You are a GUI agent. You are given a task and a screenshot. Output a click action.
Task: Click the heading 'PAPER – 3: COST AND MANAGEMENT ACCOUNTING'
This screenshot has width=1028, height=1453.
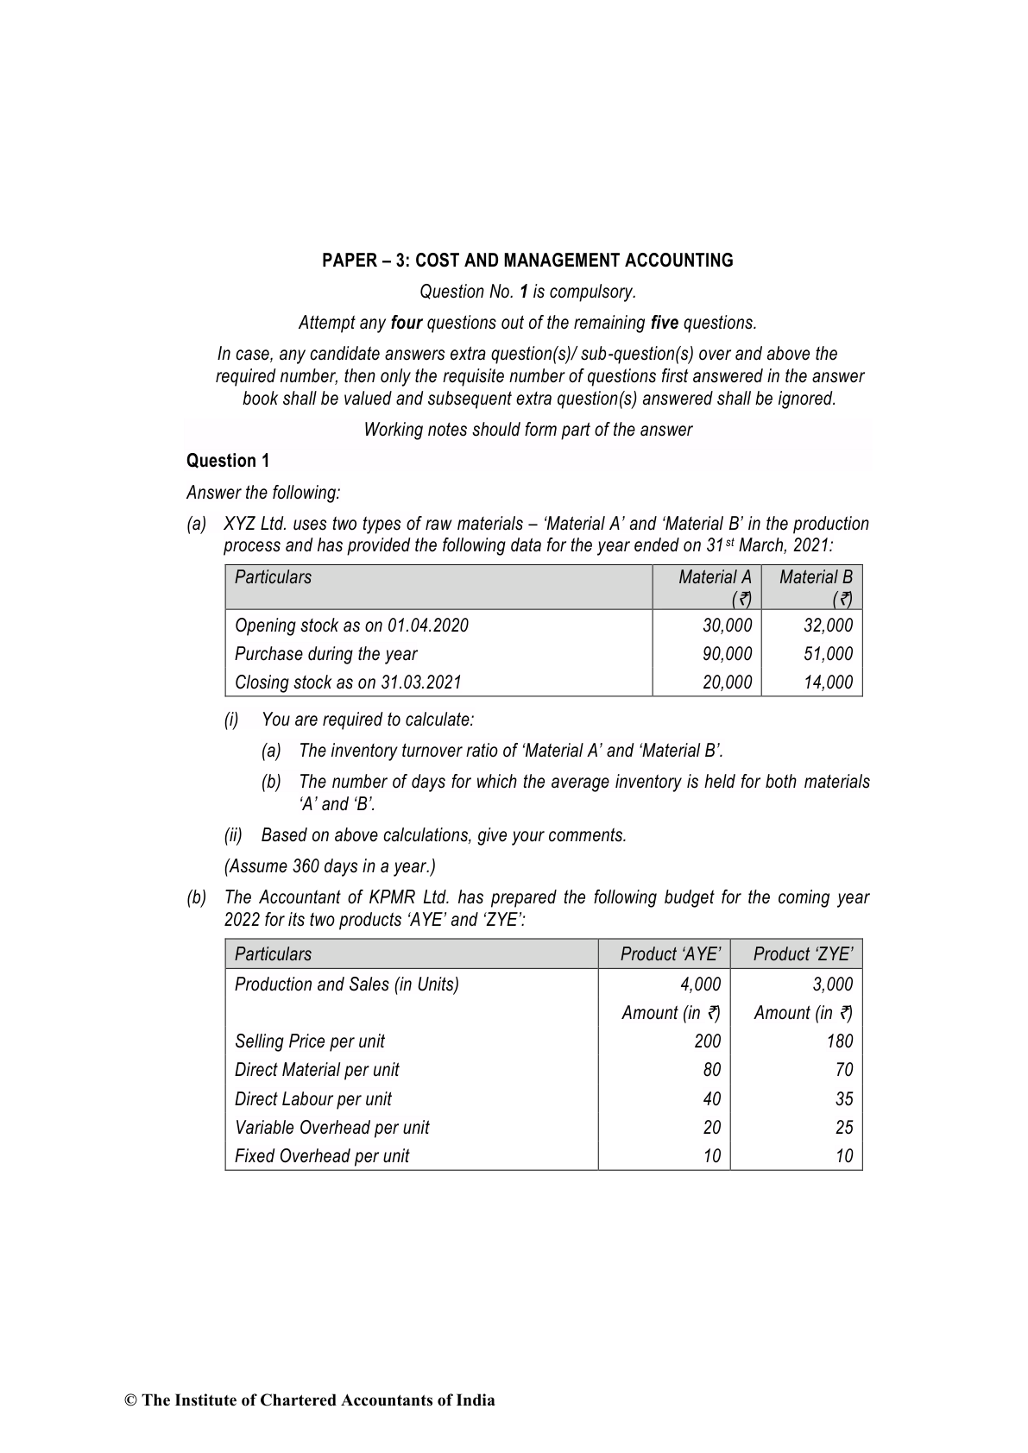pyautogui.click(x=527, y=261)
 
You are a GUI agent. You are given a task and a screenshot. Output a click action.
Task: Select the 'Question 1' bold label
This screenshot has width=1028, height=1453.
pyautogui.click(x=228, y=461)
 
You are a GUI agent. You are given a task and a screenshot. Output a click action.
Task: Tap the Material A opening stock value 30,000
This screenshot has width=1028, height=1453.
pyautogui.click(x=727, y=626)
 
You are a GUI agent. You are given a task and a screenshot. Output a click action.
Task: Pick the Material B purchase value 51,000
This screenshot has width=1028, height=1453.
pyautogui.click(x=828, y=654)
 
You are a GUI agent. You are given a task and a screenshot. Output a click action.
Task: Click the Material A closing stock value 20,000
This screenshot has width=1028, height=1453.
pyautogui.click(x=727, y=682)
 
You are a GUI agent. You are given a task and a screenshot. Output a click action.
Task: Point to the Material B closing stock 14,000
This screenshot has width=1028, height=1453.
pyautogui.click(x=828, y=682)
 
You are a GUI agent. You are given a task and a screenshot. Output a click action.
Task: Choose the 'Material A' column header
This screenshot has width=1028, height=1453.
pyautogui.click(x=715, y=577)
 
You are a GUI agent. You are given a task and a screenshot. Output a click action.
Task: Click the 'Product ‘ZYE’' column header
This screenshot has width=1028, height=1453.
pyautogui.click(x=803, y=954)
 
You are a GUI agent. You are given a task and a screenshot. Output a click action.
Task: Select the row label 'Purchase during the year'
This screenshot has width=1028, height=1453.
pyautogui.click(x=325, y=654)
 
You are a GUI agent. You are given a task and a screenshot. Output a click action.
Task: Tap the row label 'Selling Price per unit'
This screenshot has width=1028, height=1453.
pyautogui.click(x=310, y=1041)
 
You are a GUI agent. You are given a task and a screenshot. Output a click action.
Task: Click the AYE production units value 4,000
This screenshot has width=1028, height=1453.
pyautogui.click(x=700, y=984)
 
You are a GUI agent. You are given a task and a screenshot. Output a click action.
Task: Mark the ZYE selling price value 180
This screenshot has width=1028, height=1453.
pyautogui.click(x=839, y=1041)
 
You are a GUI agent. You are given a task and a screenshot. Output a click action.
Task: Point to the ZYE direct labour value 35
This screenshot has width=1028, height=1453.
pyautogui.click(x=843, y=1099)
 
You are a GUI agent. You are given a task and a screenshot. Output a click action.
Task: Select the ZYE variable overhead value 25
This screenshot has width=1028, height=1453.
pyautogui.click(x=843, y=1128)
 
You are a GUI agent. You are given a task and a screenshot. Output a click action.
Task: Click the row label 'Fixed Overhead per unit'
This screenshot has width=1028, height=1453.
pyautogui.click(x=322, y=1156)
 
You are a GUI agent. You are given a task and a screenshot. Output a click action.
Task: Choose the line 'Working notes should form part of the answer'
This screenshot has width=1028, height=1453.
pyautogui.click(x=527, y=430)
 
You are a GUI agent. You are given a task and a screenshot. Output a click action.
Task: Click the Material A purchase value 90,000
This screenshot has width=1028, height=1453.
pyautogui.click(x=727, y=654)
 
